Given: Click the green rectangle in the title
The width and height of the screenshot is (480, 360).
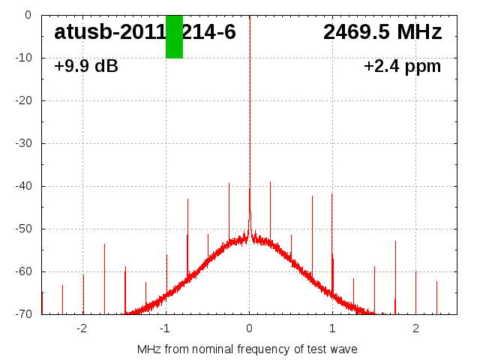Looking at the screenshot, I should click(174, 36).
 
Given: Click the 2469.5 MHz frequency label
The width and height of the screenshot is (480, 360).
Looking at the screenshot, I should click(382, 32).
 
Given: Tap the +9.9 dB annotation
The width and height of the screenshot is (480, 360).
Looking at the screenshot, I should click(86, 66).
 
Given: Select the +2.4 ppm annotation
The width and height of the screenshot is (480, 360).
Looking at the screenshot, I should click(402, 66).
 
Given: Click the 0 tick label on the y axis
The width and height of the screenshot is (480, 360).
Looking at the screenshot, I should click(27, 15).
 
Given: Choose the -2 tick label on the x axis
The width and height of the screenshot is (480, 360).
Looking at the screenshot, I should click(82, 328).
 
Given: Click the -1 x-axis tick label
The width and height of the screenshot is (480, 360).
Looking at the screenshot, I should click(165, 328).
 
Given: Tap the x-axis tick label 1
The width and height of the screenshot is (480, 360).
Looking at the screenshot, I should click(332, 328).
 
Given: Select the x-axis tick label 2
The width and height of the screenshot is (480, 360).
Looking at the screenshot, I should click(415, 328).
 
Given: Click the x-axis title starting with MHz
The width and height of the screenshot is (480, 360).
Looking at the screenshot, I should click(247, 349).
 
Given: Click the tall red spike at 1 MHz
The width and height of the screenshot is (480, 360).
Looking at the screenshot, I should click(331, 225).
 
